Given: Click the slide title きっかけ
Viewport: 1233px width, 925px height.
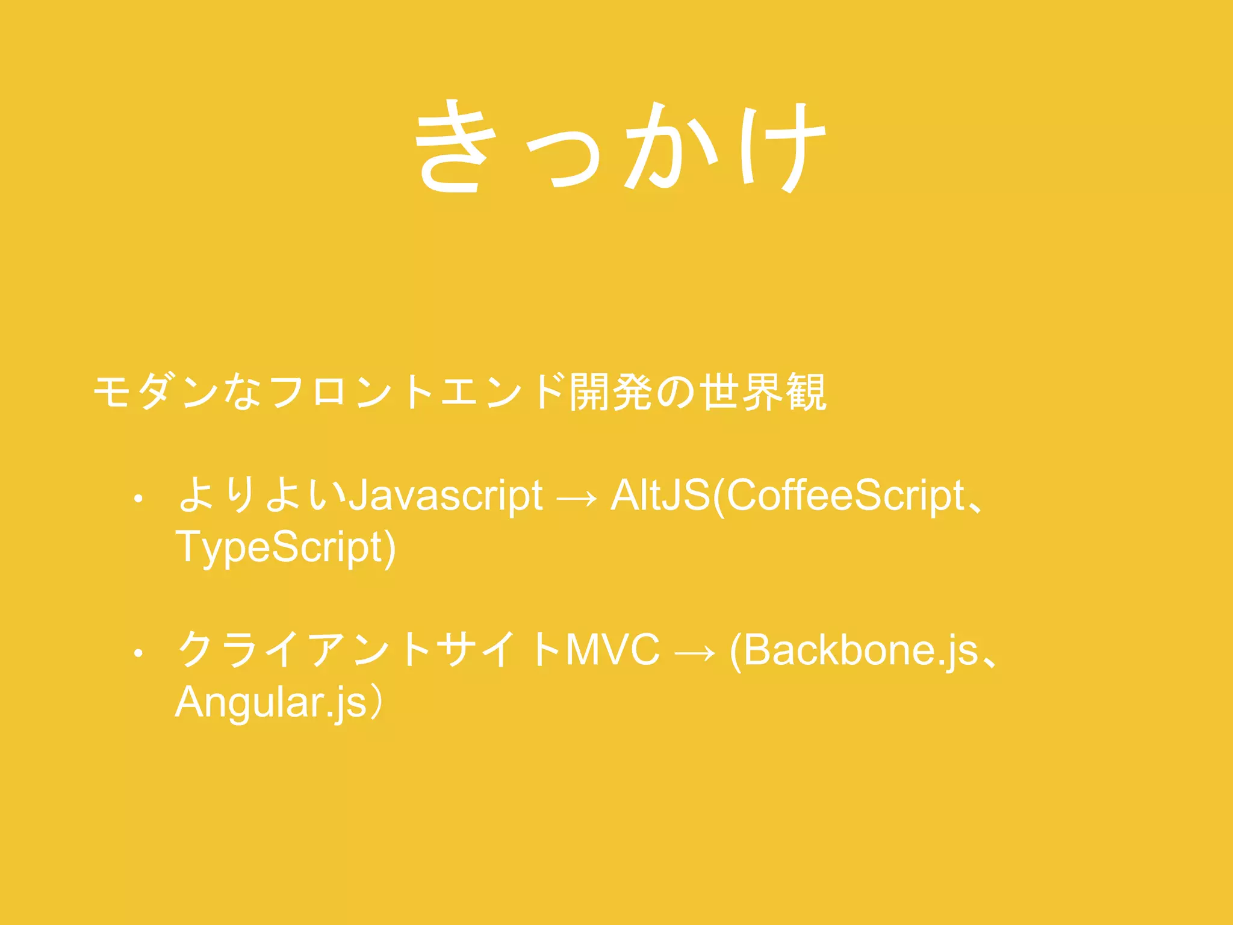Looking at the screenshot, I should (x=620, y=147).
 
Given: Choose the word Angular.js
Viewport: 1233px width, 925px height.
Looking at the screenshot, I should (x=271, y=703).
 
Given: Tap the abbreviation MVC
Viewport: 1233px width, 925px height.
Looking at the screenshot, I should (x=613, y=651).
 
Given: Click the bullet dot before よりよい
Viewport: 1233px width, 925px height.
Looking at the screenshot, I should (x=138, y=499).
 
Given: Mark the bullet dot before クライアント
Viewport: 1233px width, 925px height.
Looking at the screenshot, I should (x=138, y=653).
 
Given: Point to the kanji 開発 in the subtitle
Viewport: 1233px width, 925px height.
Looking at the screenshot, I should (x=611, y=393).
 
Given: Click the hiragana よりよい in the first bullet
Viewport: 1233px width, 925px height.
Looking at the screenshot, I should (x=262, y=495).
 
